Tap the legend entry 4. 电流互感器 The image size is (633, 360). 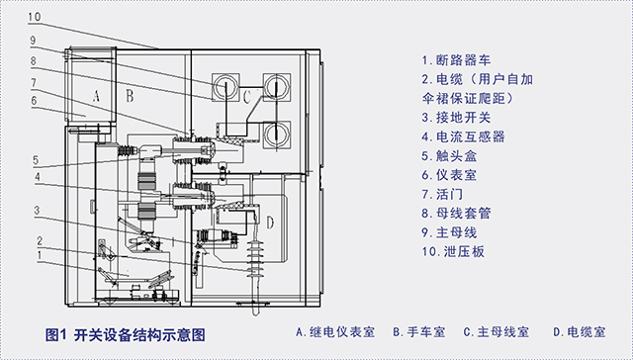coord(465,136)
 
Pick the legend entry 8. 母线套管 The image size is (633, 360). coord(459,213)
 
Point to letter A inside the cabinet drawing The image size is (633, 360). coord(95,96)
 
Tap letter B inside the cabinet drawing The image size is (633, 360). coord(130,96)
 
